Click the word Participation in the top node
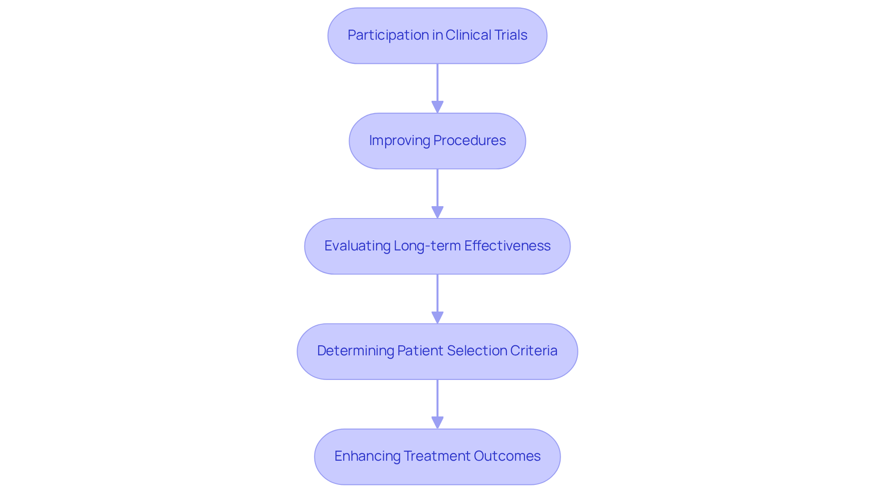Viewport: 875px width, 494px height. pyautogui.click(x=388, y=35)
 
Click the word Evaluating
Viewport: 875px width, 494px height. pyautogui.click(x=357, y=246)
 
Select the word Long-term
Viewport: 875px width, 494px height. pyautogui.click(x=427, y=246)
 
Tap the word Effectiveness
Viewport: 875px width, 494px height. pyautogui.click(x=507, y=246)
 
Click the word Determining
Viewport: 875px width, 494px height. pyautogui.click(x=355, y=351)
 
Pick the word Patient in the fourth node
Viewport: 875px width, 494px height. pyautogui.click(x=420, y=351)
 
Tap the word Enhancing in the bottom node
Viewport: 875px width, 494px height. pyautogui.click(x=367, y=456)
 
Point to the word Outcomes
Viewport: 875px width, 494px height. pyautogui.click(x=507, y=456)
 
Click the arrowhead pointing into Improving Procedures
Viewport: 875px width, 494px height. pyautogui.click(x=437, y=107)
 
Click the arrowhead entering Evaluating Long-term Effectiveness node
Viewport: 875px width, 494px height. pyautogui.click(x=437, y=213)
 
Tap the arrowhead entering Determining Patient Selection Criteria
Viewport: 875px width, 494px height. pyautogui.click(x=437, y=318)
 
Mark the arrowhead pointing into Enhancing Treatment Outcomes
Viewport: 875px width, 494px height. pyautogui.click(x=437, y=423)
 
